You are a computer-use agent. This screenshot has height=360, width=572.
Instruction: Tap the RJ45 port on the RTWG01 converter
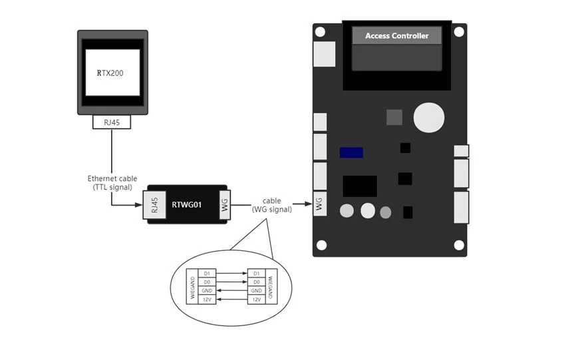pos(154,204)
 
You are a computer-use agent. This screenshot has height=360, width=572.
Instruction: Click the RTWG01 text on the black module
pos(186,204)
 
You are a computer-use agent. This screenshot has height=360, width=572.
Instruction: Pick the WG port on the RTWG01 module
pos(224,204)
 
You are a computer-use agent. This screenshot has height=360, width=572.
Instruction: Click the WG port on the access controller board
pos(320,204)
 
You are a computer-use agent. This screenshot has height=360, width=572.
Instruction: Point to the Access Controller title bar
pos(396,36)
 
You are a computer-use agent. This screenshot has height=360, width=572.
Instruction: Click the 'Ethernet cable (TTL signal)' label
pos(112,183)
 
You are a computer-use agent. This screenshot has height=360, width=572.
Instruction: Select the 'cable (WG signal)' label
pos(271,205)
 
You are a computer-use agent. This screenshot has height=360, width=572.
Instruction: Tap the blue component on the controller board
pos(351,152)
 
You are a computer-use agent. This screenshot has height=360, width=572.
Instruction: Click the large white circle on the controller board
pos(428,118)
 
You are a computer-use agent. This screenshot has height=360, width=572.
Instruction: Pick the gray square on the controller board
pos(394,117)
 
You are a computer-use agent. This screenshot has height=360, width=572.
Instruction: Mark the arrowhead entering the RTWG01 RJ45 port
pos(142,204)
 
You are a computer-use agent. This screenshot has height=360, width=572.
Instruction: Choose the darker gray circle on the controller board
pos(386,213)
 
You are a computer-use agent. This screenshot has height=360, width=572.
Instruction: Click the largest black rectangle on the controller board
pos(360,186)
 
